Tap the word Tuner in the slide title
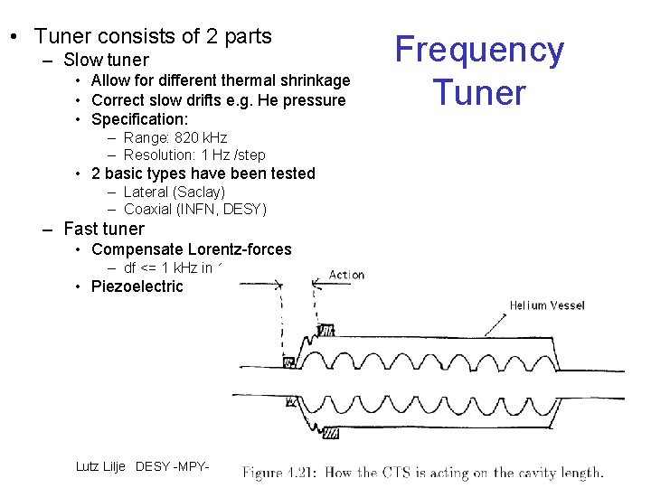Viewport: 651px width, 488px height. click(x=479, y=92)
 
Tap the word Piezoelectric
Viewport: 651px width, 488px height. click(x=137, y=286)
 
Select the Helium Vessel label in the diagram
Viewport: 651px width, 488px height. click(x=546, y=305)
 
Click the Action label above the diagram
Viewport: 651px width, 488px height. click(x=346, y=275)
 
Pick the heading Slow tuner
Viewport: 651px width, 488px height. click(x=106, y=61)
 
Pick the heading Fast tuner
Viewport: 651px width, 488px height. click(x=104, y=229)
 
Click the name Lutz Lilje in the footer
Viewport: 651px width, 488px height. click(x=102, y=466)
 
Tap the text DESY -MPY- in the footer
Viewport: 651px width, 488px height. click(x=172, y=466)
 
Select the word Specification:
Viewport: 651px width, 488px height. click(x=140, y=119)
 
